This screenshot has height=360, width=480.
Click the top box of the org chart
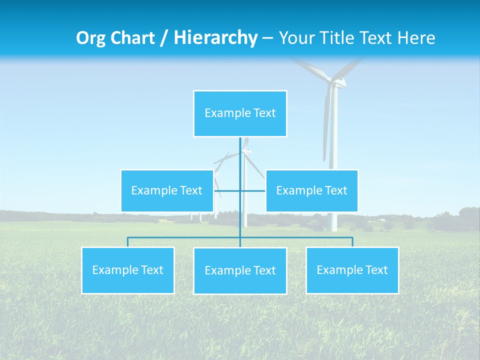[x=240, y=113]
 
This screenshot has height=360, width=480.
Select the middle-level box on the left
[x=167, y=190]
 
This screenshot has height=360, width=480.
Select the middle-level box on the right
[x=311, y=190]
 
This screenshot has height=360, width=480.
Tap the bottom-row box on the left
[x=128, y=270]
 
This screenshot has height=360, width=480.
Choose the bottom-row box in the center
[x=240, y=270]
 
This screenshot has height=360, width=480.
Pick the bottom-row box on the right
[x=352, y=270]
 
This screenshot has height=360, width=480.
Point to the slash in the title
[x=163, y=38]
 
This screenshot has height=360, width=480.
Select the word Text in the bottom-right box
[x=376, y=270]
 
